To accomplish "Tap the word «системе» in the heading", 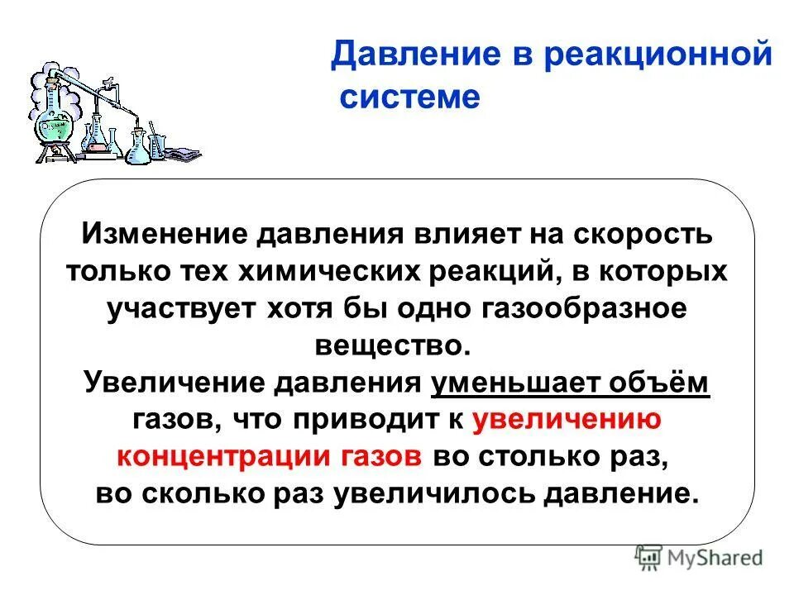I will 409,98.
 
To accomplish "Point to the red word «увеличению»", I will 567,420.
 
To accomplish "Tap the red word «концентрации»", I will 204,457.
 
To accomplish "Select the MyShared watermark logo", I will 699,557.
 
